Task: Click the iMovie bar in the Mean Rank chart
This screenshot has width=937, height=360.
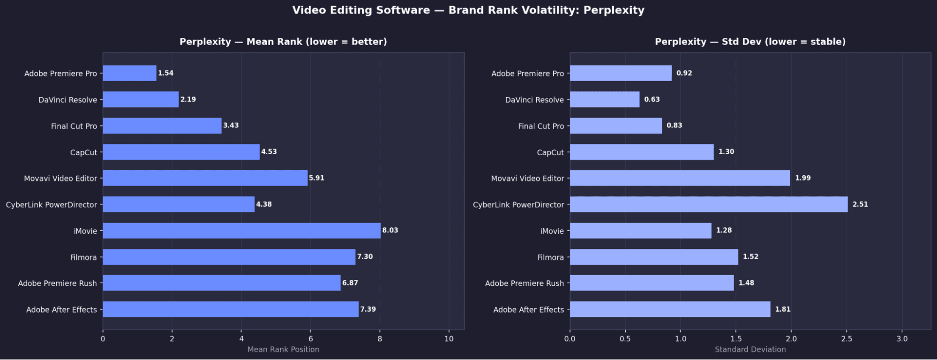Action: (x=241, y=231)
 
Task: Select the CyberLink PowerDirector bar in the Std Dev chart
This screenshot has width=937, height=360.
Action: (x=708, y=204)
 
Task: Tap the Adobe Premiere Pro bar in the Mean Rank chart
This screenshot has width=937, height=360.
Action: (x=129, y=73)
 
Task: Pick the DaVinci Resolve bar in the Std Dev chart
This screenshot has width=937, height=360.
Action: (x=604, y=99)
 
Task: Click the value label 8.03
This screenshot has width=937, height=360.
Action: (x=390, y=230)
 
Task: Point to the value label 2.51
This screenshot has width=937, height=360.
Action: (x=860, y=204)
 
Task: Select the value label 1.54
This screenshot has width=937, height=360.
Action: (x=165, y=73)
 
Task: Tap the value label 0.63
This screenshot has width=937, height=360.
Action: (x=652, y=99)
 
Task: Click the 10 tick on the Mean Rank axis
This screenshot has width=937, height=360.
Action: (x=449, y=339)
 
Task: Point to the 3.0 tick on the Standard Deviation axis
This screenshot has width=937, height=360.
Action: (x=902, y=339)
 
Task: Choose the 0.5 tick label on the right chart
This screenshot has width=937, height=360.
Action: (x=625, y=339)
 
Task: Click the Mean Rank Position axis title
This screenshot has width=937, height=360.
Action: (x=283, y=349)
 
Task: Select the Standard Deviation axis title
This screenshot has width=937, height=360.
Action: (x=750, y=349)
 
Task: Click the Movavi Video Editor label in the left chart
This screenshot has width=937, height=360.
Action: (x=60, y=179)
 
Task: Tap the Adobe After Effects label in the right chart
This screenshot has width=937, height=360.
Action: (x=528, y=310)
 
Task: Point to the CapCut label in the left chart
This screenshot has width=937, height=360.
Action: (x=83, y=152)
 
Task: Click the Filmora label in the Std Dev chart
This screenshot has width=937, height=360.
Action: (x=550, y=257)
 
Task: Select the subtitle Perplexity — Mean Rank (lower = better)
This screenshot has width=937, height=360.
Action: (x=283, y=42)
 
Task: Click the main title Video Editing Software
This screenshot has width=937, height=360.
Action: (x=468, y=10)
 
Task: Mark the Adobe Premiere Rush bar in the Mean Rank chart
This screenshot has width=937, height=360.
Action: (x=221, y=283)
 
